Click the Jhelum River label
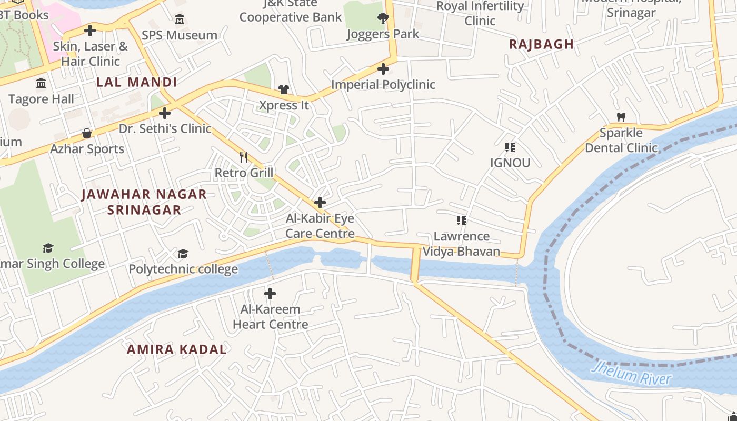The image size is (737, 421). coord(631,373)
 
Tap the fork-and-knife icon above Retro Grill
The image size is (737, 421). coord(244,157)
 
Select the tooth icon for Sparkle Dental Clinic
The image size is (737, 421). coord(621,117)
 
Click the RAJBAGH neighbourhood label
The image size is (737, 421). coord(541,44)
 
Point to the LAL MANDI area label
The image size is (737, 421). coord(136,82)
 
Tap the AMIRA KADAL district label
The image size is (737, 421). coord(176,349)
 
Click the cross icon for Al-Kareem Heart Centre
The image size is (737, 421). coord(270,293)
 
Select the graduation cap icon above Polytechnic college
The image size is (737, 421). coord(183,254)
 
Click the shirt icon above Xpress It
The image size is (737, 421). coord(284,89)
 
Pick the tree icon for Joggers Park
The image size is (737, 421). coord(383,18)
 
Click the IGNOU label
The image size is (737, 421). coord(510,163)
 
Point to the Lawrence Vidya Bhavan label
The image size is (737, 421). coord(462,244)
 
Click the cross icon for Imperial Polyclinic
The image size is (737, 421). coord(383,68)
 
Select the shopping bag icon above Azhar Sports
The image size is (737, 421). coord(87,133)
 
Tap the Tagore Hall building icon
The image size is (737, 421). coord(41,84)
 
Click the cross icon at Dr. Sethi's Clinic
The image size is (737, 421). coord(165,113)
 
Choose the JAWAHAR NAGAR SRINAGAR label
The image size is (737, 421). coord(144,202)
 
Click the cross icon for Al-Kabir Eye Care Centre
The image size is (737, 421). coord(320,203)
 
